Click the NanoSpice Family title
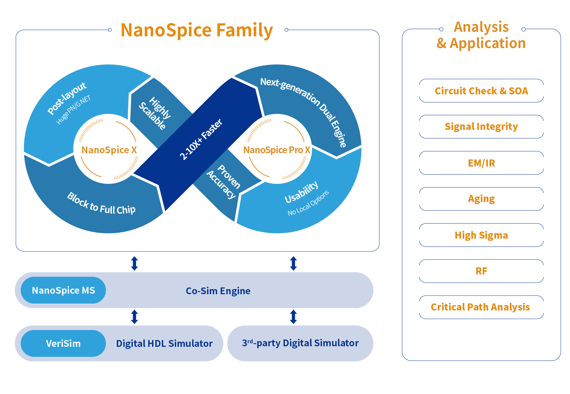197,30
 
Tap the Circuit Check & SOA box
481,91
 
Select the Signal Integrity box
481,127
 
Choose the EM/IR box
481,163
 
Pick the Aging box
481,199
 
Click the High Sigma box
481,235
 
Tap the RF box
481,271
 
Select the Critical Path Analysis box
481,307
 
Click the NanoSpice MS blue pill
63,290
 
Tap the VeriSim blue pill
63,343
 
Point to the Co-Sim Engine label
218,291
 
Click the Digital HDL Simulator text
164,343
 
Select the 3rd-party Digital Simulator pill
300,343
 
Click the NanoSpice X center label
109,150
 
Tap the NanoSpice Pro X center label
276,150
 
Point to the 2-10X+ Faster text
201,139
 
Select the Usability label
301,192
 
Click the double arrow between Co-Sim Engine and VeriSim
134,317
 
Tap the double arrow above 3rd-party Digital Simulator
293,317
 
